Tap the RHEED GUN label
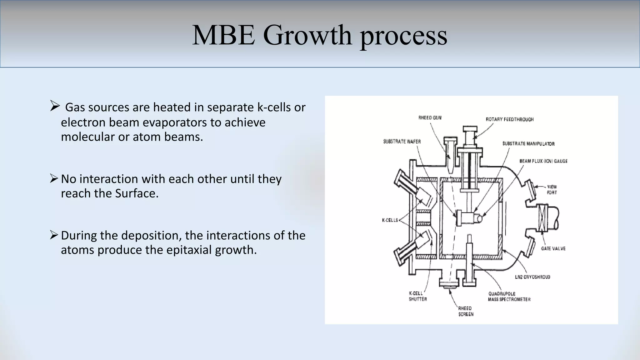430,118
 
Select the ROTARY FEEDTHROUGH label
509,119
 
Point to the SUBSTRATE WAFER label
402,142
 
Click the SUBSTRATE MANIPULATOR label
528,144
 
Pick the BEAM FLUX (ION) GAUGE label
543,161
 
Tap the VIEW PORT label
552,190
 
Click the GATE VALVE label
553,249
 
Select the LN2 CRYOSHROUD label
532,277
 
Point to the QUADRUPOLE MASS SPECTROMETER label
509,297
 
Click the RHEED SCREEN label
466,311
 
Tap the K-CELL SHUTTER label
417,296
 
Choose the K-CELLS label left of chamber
390,220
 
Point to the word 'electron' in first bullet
83,122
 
